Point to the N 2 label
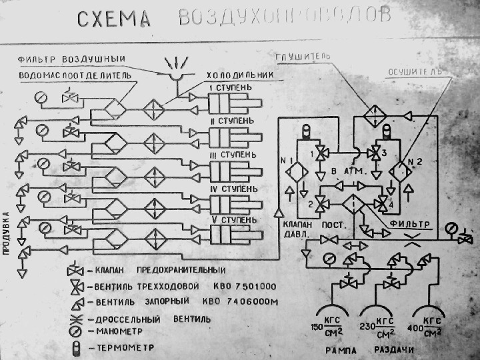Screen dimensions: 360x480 (x=416, y=161)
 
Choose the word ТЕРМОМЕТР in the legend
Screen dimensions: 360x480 (x=118, y=347)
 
